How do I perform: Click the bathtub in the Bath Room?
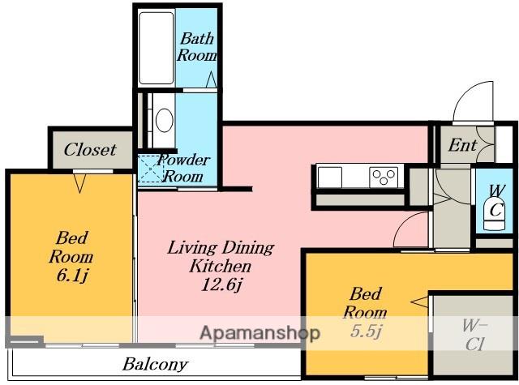pyautogui.click(x=157, y=49)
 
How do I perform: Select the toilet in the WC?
pyautogui.click(x=494, y=214)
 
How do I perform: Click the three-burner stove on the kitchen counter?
pyautogui.click(x=384, y=177)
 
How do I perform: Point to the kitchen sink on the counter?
pyautogui.click(x=330, y=177)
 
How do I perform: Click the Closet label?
pyautogui.click(x=90, y=149)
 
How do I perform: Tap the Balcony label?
pyautogui.click(x=155, y=364)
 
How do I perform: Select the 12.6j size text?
pyautogui.click(x=221, y=284)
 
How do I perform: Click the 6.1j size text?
pyautogui.click(x=72, y=276)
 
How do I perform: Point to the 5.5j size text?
pyautogui.click(x=366, y=331)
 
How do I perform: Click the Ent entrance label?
pyautogui.click(x=462, y=145)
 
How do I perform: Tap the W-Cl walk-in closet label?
pyautogui.click(x=474, y=335)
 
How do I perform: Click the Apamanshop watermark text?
pyautogui.click(x=260, y=333)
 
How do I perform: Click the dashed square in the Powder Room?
pyautogui.click(x=151, y=169)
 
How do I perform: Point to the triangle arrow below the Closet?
pyautogui.click(x=79, y=183)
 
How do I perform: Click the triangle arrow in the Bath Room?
pyautogui.click(x=211, y=79)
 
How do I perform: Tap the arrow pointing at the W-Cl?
pyautogui.click(x=420, y=302)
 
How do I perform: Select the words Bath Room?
pyautogui.click(x=197, y=47)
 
